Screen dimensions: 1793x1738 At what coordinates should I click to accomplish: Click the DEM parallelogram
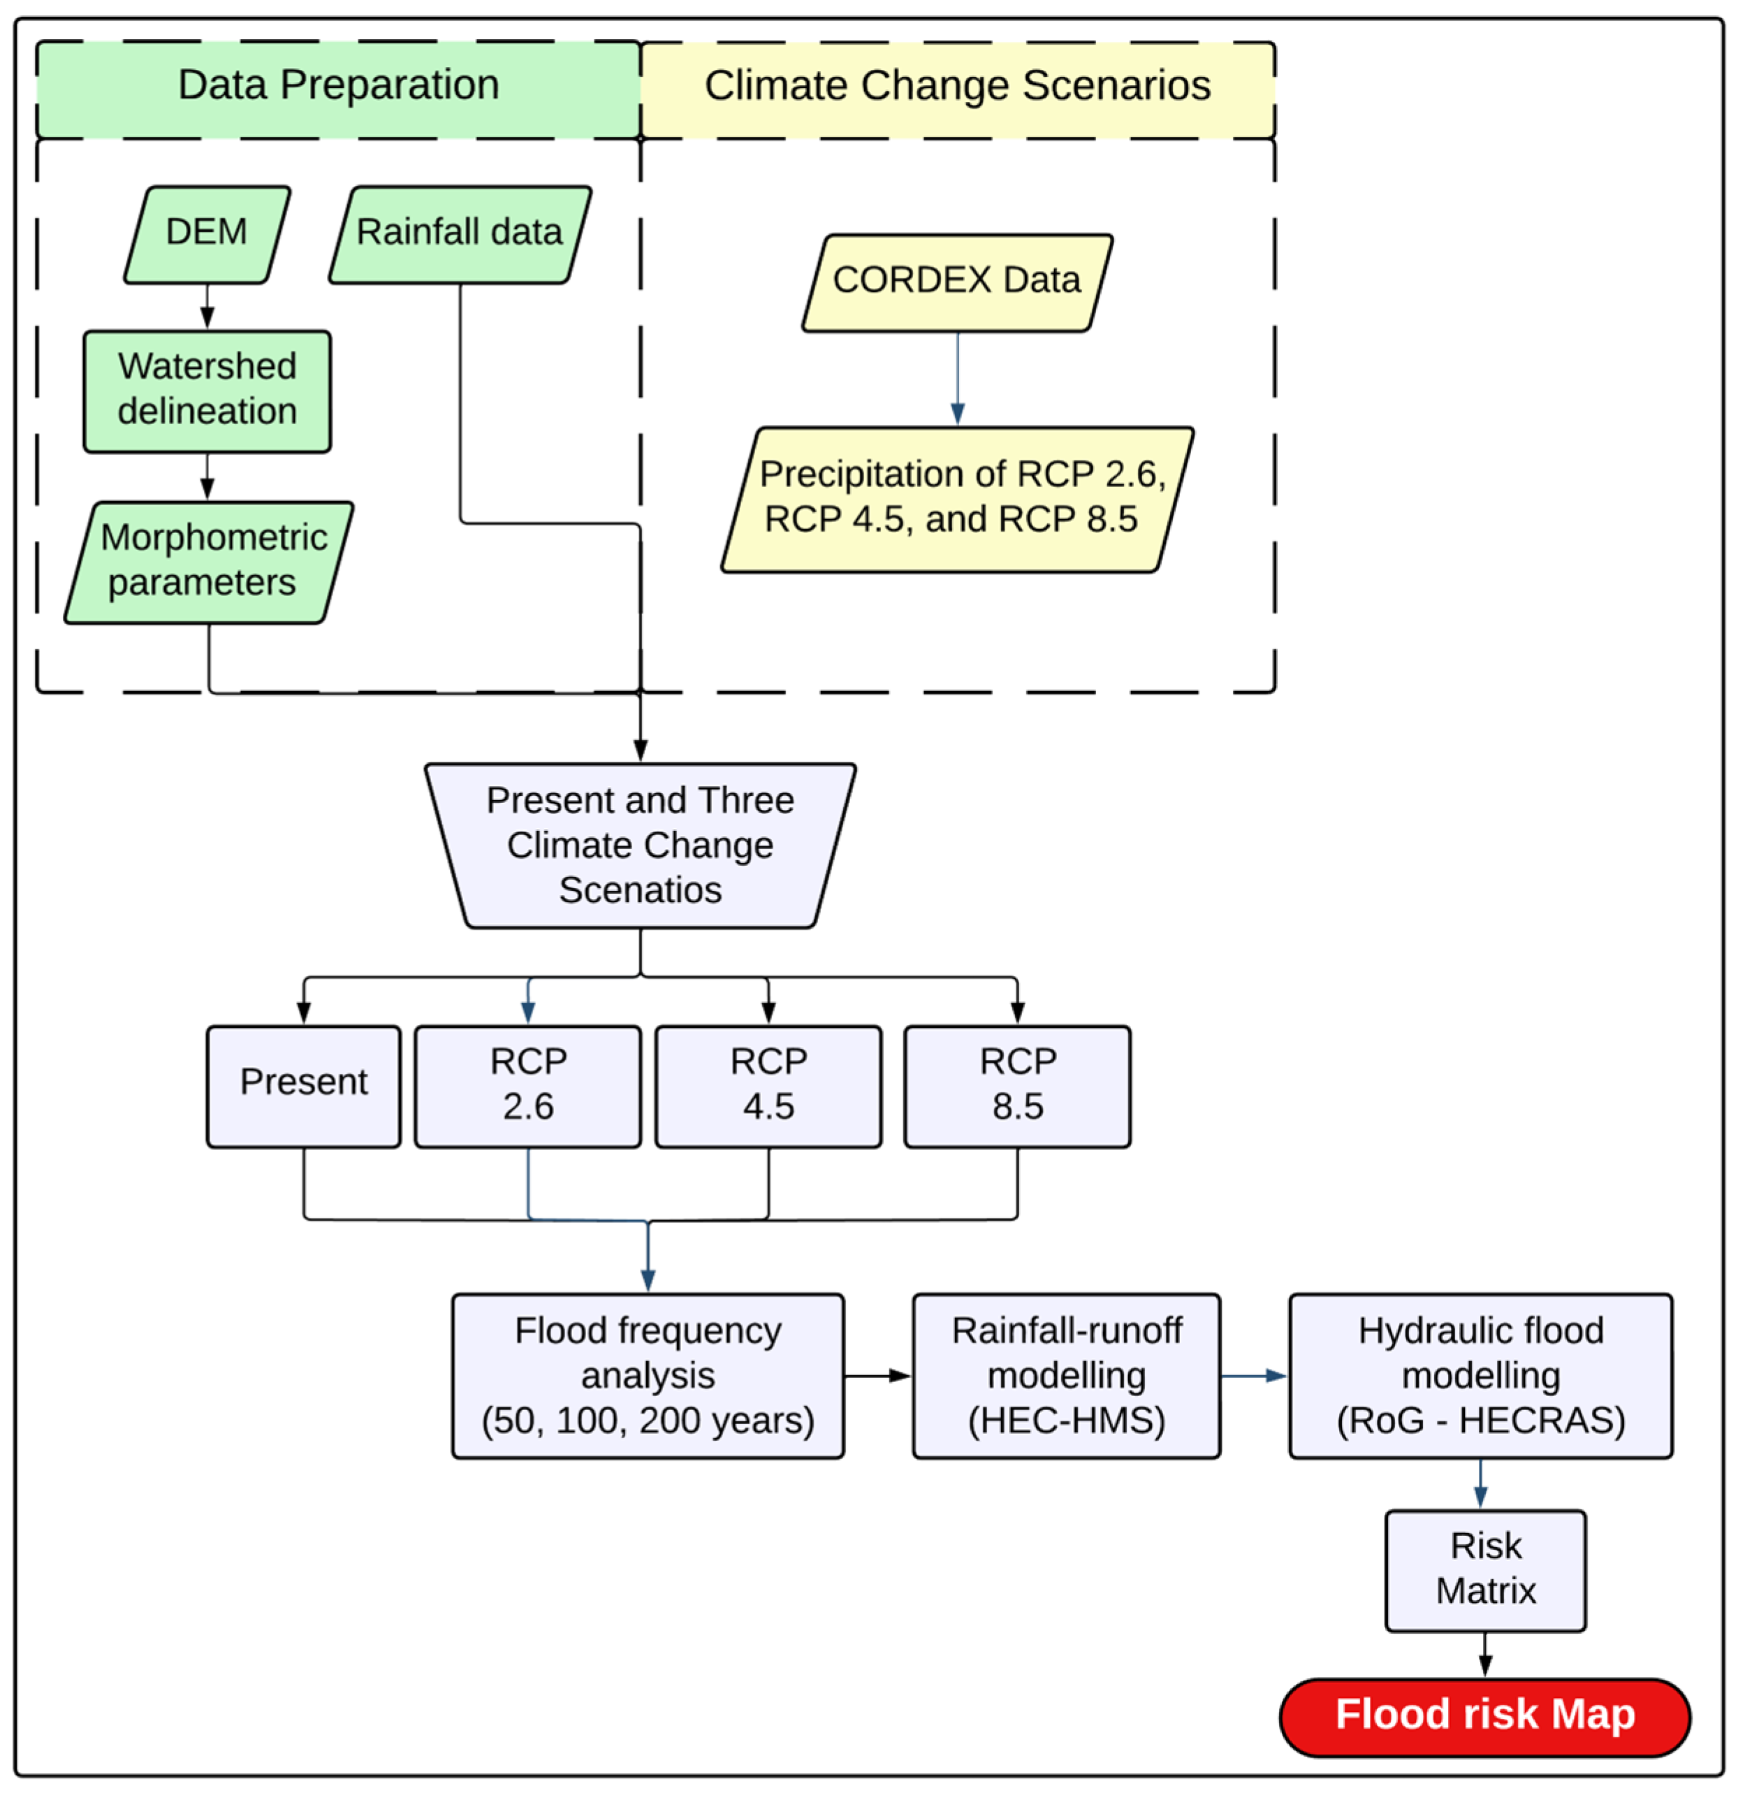click(207, 235)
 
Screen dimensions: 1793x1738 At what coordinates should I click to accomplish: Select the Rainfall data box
click(459, 235)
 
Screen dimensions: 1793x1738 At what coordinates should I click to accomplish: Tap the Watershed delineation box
click(207, 391)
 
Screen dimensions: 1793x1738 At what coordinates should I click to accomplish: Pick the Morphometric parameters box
click(209, 562)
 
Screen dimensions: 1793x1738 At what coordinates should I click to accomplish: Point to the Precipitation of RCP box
click(957, 500)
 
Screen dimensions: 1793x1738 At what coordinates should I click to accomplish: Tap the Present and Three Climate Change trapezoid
click(641, 846)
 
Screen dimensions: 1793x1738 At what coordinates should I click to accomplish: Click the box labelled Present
click(304, 1086)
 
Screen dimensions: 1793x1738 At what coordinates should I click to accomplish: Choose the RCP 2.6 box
click(528, 1086)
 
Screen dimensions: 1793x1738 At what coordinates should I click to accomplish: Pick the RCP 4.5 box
click(768, 1086)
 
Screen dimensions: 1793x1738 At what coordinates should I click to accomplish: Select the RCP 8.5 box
click(1017, 1086)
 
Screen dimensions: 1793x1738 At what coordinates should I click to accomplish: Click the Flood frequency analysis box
click(648, 1376)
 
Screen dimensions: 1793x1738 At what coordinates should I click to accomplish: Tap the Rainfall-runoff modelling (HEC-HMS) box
click(1067, 1376)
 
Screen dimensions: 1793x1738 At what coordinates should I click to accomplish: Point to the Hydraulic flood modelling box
click(1480, 1376)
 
